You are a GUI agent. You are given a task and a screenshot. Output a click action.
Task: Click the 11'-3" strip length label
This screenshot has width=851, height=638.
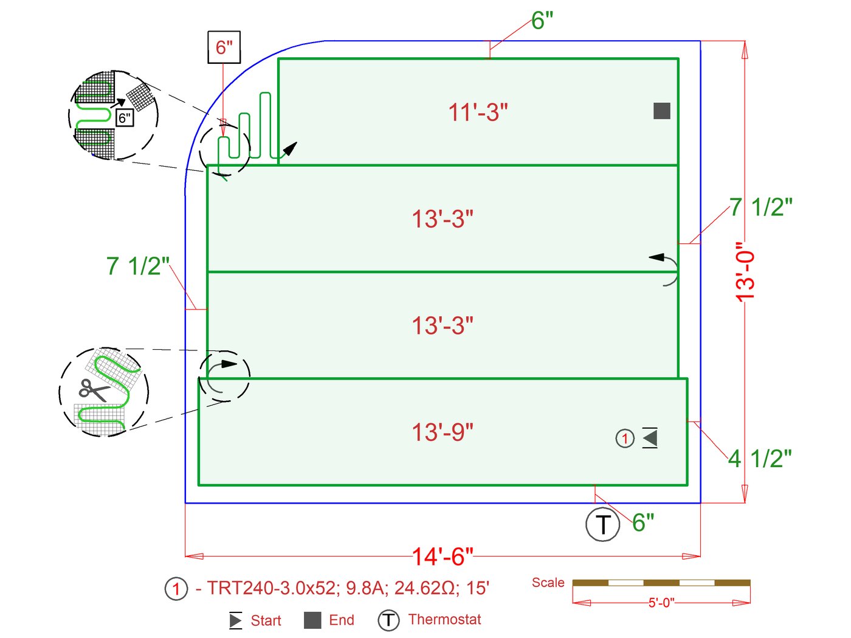[478, 113]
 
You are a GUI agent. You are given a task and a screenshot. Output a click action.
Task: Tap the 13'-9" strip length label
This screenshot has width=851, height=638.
[443, 432]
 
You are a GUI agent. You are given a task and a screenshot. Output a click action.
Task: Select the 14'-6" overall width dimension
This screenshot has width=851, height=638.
[443, 557]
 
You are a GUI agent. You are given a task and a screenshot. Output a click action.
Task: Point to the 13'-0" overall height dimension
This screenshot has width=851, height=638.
[745, 272]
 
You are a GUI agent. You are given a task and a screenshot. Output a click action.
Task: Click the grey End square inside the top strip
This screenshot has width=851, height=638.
[662, 111]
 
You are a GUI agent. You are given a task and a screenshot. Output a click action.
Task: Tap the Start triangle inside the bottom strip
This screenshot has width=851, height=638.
[650, 438]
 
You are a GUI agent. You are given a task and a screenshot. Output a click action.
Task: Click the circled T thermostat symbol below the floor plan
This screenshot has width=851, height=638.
[602, 524]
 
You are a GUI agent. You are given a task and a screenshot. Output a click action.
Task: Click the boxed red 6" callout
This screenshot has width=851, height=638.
[224, 47]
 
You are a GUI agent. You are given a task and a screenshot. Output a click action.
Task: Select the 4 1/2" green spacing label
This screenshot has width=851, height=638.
[759, 459]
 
